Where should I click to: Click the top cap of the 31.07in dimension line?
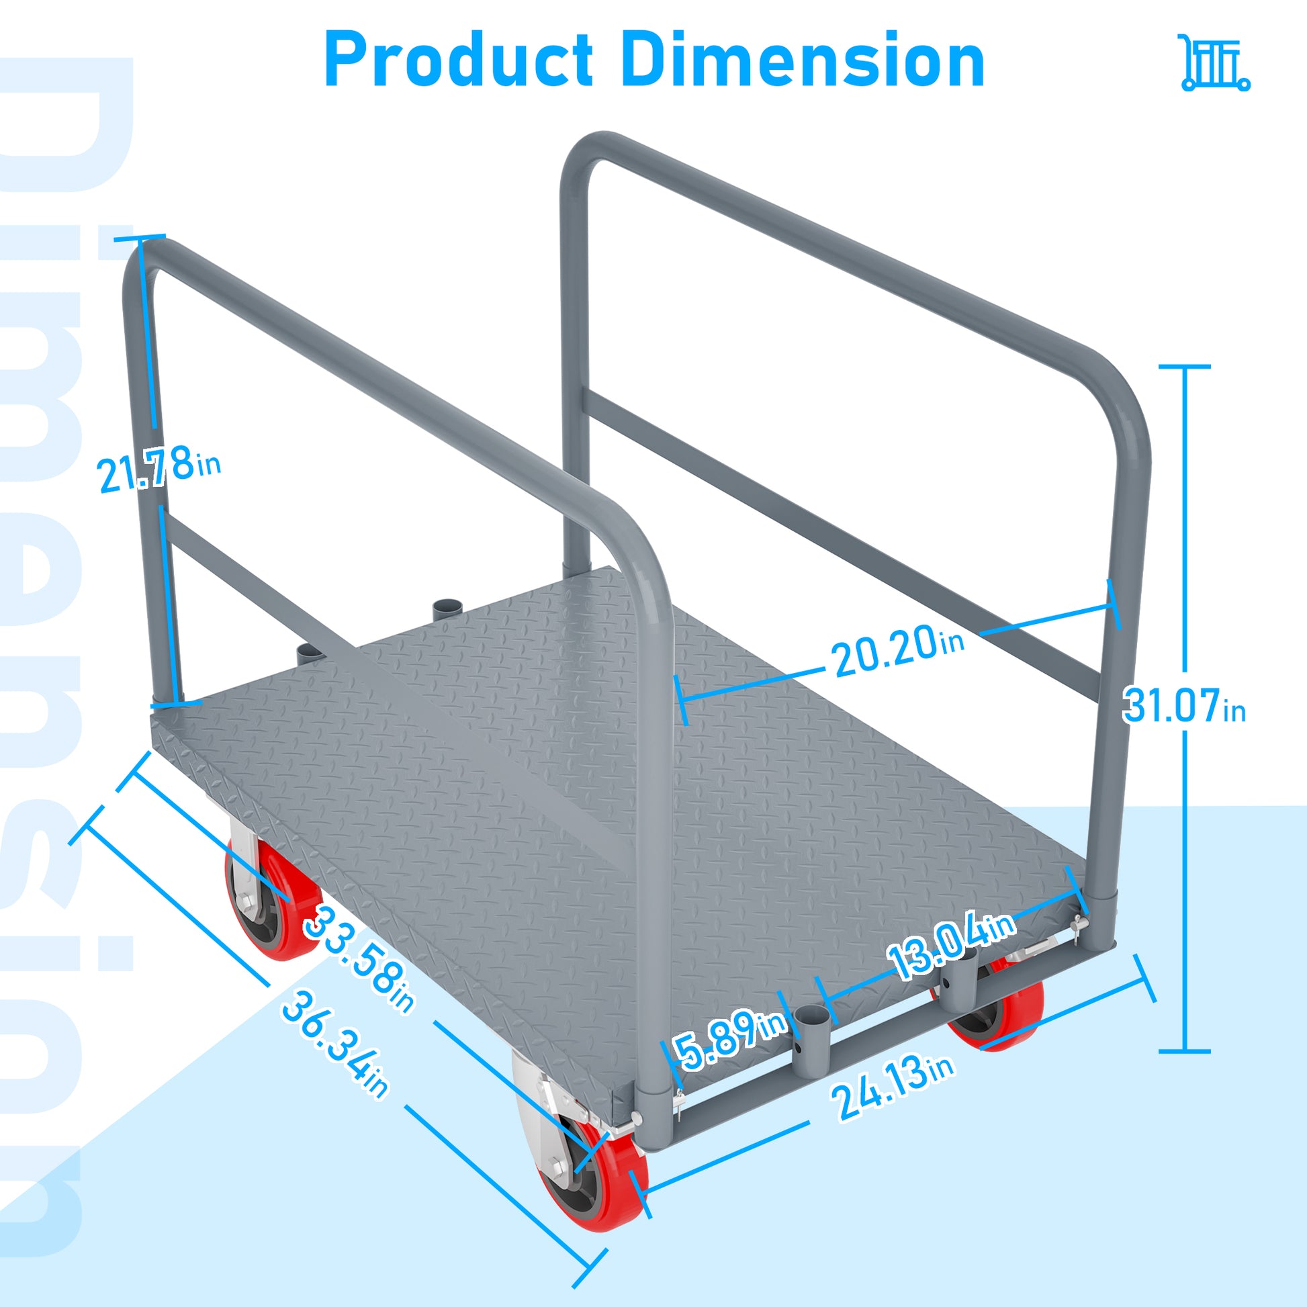[x=1185, y=367]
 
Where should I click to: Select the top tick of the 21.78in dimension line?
[x=139, y=238]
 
